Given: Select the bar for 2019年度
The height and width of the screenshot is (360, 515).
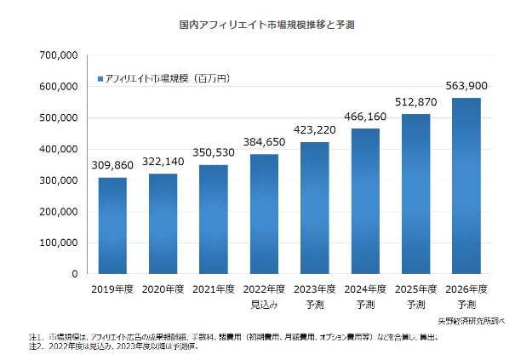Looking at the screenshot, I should tap(112, 226).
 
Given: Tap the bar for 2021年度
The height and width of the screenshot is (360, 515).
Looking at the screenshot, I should tap(214, 219).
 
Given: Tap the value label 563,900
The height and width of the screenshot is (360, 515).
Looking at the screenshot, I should tap(466, 86).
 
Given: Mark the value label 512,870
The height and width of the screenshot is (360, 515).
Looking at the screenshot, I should tap(415, 103).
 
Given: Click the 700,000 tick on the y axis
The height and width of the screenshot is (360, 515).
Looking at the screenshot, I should tap(59, 55).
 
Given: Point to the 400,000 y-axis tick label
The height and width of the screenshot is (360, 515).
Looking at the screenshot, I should tap(59, 149).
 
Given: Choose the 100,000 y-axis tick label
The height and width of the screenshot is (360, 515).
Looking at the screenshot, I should tap(59, 243).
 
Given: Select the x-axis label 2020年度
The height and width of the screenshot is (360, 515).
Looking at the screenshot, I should tap(163, 290).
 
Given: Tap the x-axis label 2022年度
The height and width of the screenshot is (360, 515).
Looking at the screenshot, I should tap(264, 290).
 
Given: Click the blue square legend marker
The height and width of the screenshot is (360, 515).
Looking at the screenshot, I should tap(101, 78).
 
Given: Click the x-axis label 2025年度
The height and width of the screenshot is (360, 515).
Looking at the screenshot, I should tap(415, 290).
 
